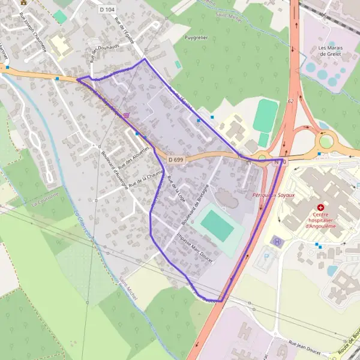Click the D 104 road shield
click(107, 10)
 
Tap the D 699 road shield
click(176, 160)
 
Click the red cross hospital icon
click(321, 206)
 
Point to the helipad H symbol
click(277, 241)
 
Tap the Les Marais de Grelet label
click(331, 50)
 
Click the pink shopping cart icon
click(126, 115)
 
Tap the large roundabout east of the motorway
click(326, 142)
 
